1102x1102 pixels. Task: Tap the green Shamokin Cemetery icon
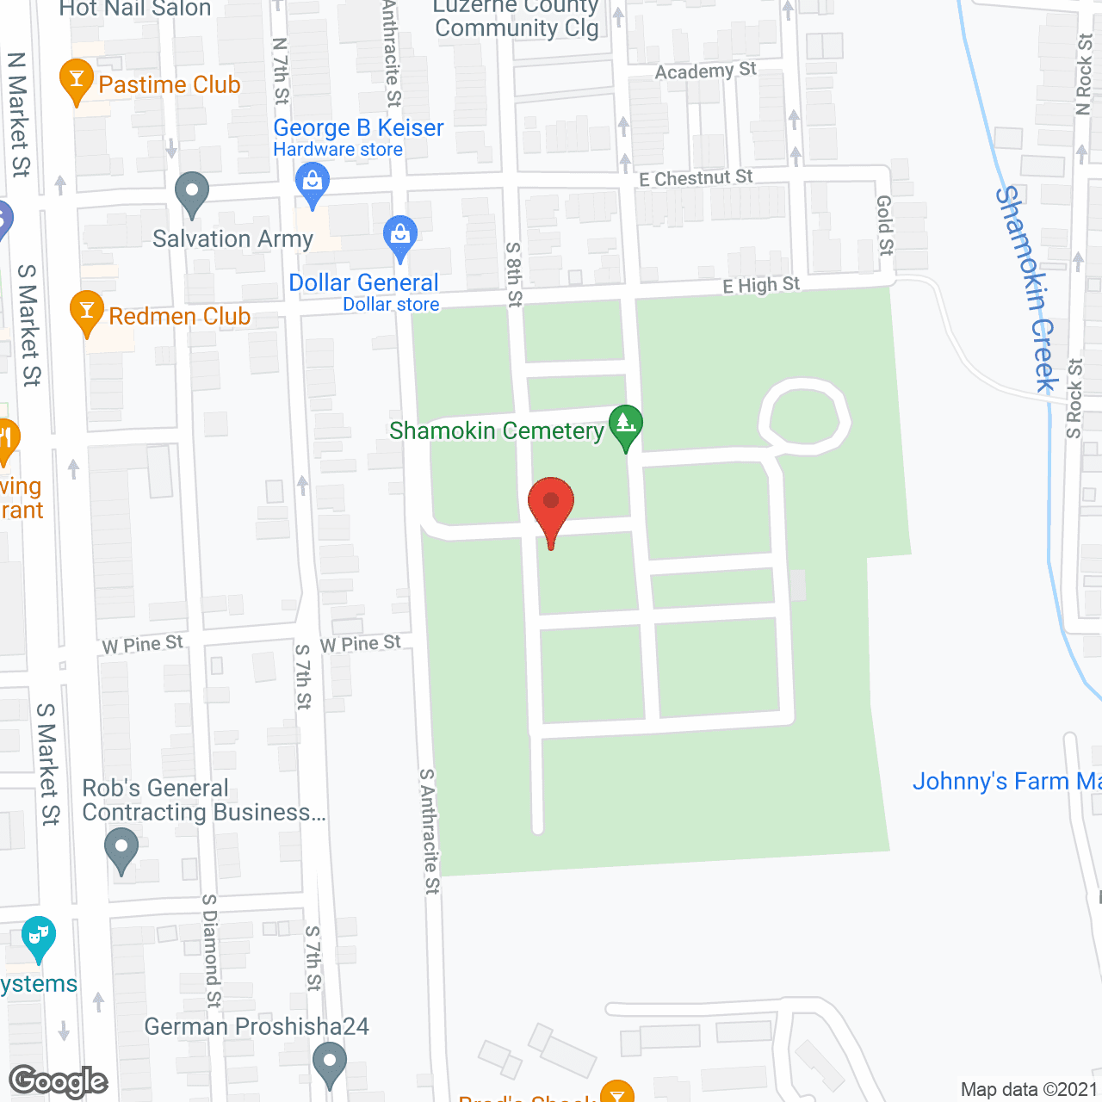tap(626, 424)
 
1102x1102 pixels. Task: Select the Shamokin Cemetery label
tap(497, 430)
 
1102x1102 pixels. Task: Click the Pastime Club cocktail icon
tap(77, 79)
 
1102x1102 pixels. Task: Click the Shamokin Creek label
tap(1026, 289)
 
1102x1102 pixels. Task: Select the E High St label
tap(761, 285)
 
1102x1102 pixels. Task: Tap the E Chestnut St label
tap(696, 178)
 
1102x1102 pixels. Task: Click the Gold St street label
tap(885, 225)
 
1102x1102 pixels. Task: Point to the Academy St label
tap(705, 71)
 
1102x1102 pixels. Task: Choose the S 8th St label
tap(514, 274)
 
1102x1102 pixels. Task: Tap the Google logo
tap(59, 1080)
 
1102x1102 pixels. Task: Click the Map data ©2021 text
tap(1029, 1089)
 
